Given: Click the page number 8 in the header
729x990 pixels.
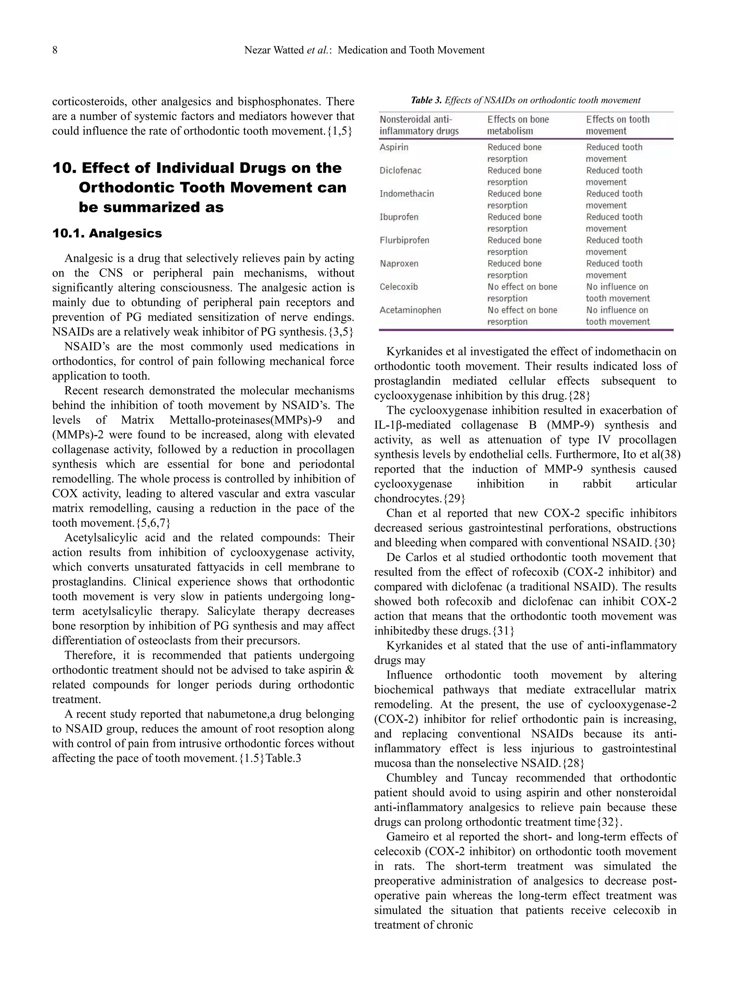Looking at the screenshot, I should pyautogui.click(x=55, y=50).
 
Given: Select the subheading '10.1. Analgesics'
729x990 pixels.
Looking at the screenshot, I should pyautogui.click(x=107, y=234).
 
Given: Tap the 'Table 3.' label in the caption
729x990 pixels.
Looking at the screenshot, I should pyautogui.click(x=426, y=100).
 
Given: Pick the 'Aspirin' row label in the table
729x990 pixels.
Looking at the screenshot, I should pyautogui.click(x=394, y=147).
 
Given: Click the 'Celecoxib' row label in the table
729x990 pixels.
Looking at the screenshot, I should pyautogui.click(x=398, y=287).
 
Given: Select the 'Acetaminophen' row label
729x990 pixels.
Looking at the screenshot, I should pyautogui.click(x=410, y=310).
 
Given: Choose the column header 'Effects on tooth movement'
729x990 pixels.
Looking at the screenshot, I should pyautogui.click(x=617, y=125).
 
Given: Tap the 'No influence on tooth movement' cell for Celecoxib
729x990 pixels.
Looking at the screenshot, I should pyautogui.click(x=617, y=293).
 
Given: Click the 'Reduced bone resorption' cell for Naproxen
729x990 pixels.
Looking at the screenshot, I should pyautogui.click(x=514, y=269).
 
